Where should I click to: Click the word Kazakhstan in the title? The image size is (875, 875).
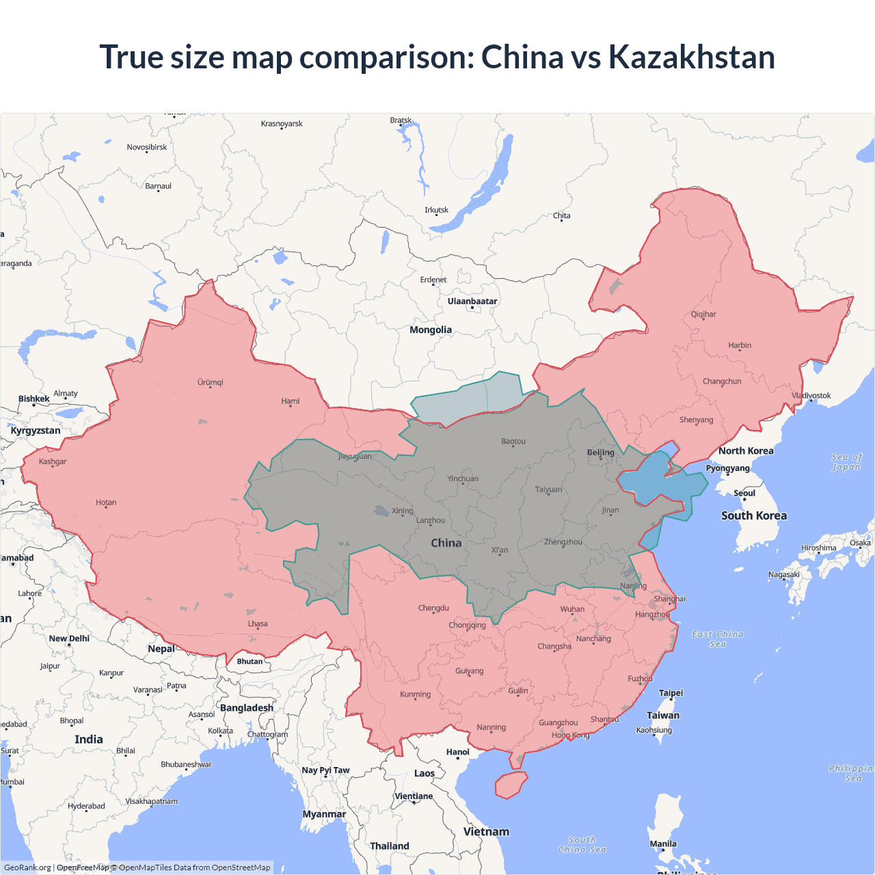click(x=691, y=57)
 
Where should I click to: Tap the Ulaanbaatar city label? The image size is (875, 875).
click(x=472, y=301)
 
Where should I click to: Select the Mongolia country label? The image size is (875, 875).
click(x=431, y=329)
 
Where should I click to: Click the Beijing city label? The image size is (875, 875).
click(x=601, y=453)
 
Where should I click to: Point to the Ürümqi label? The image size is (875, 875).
click(x=211, y=382)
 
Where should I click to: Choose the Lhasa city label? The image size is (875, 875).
click(x=258, y=624)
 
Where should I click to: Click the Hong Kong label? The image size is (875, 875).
click(x=570, y=735)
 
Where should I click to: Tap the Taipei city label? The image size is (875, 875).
click(x=671, y=692)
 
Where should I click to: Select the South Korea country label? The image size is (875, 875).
click(x=753, y=515)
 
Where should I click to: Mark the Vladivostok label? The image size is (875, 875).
click(x=811, y=396)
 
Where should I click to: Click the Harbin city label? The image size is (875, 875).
click(x=740, y=345)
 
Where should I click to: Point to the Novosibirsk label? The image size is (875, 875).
click(x=147, y=147)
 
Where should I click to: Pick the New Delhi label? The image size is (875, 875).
click(x=69, y=638)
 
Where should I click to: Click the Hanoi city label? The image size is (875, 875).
click(x=458, y=752)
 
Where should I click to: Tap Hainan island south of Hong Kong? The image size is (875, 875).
click(x=511, y=785)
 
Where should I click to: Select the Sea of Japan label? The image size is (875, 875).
click(x=846, y=462)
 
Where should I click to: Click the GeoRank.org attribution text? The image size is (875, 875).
click(x=27, y=867)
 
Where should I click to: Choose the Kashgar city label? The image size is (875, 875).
click(x=53, y=461)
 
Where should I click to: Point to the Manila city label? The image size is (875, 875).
click(x=663, y=844)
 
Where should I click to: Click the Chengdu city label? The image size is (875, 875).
click(x=433, y=608)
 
